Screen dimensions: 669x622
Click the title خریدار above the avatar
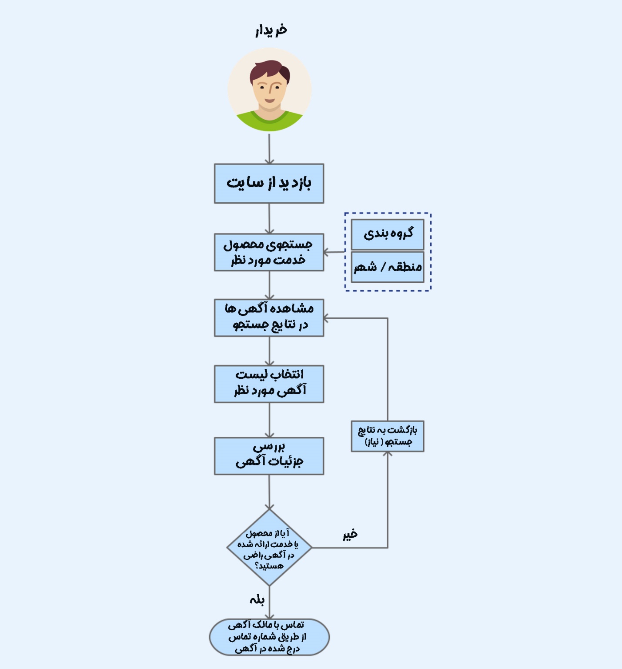coord(271,30)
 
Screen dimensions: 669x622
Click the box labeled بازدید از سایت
coord(269,183)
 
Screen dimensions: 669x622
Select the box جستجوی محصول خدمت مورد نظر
coord(269,252)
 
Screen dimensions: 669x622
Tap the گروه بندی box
coord(387,234)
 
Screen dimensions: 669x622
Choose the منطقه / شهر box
coord(387,267)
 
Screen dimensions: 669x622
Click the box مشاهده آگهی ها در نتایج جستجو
coord(269,318)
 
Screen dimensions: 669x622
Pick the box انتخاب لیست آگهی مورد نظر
coord(269,384)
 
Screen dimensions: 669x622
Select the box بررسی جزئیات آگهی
coord(269,455)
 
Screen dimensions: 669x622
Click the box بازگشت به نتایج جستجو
coord(387,436)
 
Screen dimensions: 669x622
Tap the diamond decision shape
coord(269,548)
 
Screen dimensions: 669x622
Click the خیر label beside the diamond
coord(350,534)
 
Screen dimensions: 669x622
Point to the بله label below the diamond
coord(257,600)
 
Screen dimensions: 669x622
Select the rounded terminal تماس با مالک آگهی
coord(269,637)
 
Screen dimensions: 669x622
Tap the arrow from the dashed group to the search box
coord(334,252)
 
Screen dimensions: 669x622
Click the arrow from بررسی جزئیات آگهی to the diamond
coord(269,492)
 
